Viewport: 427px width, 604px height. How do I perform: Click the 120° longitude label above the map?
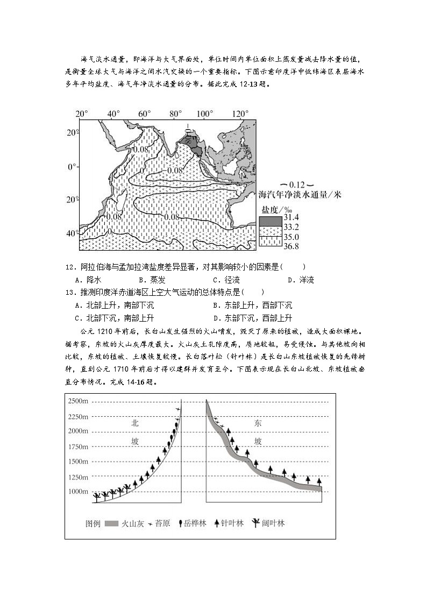pyautogui.click(x=240, y=113)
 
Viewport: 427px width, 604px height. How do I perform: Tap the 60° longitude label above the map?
pyautogui.click(x=144, y=113)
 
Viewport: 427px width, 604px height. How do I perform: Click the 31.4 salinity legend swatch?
pyautogui.click(x=270, y=221)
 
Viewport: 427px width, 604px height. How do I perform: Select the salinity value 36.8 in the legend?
pyautogui.click(x=291, y=246)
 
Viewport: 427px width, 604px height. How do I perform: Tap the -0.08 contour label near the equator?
pyautogui.click(x=172, y=170)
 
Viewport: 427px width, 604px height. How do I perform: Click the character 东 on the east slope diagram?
pyautogui.click(x=258, y=423)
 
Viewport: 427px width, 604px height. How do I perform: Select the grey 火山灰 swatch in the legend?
pyautogui.click(x=111, y=523)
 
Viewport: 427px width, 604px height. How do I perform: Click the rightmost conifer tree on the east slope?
pyautogui.click(x=319, y=481)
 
